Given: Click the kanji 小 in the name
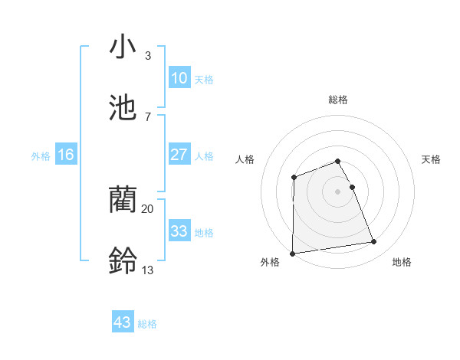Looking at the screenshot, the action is pyautogui.click(x=123, y=47).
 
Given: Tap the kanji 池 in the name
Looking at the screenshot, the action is pyautogui.click(x=123, y=106).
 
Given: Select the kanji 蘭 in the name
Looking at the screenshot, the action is pyautogui.click(x=123, y=201).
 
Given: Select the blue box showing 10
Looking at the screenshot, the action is pyautogui.click(x=179, y=78).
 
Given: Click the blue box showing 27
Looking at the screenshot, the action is pyautogui.click(x=179, y=155).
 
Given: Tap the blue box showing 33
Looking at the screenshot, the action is pyautogui.click(x=179, y=231).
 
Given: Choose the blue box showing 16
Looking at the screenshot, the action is pyautogui.click(x=66, y=155).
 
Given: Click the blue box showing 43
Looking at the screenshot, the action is pyautogui.click(x=123, y=322).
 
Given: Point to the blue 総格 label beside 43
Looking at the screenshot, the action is pyautogui.click(x=147, y=324).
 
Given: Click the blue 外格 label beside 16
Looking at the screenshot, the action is pyautogui.click(x=41, y=156).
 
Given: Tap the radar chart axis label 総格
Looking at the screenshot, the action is pyautogui.click(x=337, y=100).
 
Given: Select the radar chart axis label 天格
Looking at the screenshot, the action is pyautogui.click(x=432, y=159).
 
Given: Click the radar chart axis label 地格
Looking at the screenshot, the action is pyautogui.click(x=402, y=262).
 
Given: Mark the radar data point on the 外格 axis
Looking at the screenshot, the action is pyautogui.click(x=292, y=253).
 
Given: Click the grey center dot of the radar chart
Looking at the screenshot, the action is pyautogui.click(x=337, y=191).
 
